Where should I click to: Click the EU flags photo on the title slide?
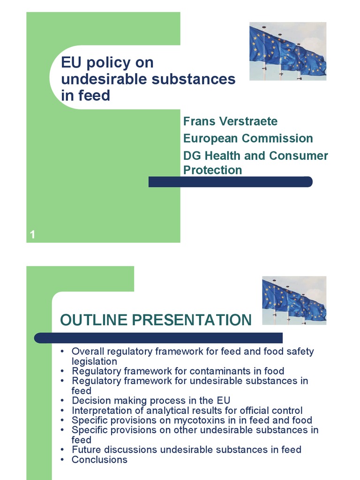pyautogui.click(x=287, y=51)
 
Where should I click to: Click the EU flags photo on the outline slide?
pyautogui.click(x=294, y=300)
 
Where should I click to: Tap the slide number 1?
pyautogui.click(x=33, y=235)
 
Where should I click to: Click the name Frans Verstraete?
pyautogui.click(x=230, y=121)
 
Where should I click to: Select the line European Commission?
pyautogui.click(x=248, y=138)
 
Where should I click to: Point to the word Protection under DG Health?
pyautogui.click(x=212, y=170)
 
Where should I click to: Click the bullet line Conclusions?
pyautogui.click(x=99, y=459)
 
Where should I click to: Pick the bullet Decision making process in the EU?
pyautogui.click(x=151, y=400)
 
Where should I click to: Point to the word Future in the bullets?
pyautogui.click(x=87, y=450)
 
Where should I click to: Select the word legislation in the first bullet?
pyautogui.click(x=94, y=361)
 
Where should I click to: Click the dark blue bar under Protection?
pyautogui.click(x=230, y=182)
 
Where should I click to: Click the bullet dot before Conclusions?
pyautogui.click(x=62, y=460)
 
